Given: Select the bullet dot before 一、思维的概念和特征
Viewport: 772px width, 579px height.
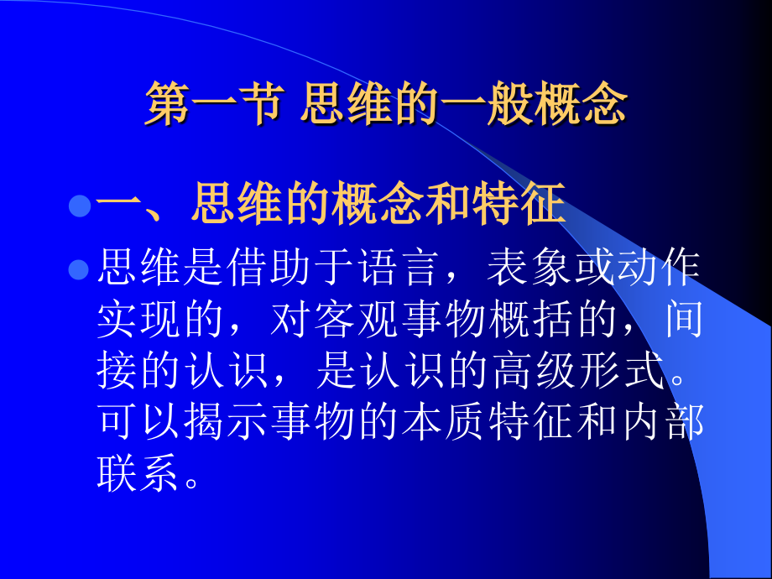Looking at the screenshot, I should pos(79,206).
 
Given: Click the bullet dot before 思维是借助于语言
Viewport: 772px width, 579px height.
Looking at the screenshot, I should pos(79,269).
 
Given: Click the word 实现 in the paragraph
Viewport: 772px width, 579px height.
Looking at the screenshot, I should pos(140,321).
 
